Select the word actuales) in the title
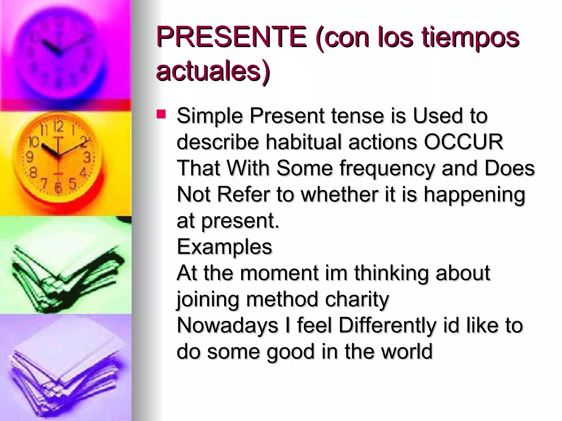[213, 71]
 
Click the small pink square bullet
[161, 114]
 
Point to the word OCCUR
[463, 142]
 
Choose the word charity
[357, 299]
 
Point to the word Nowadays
[227, 325]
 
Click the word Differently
[387, 325]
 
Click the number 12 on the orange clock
[58, 127]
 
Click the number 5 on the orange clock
[72, 184]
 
